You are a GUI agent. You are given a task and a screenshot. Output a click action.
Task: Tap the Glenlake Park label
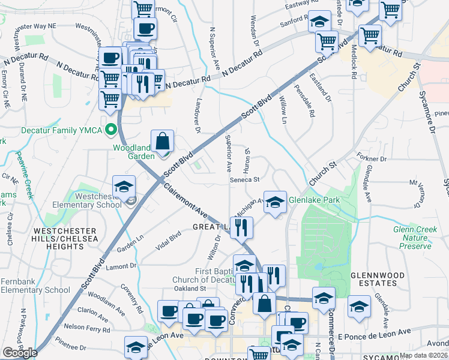click(x=314, y=200)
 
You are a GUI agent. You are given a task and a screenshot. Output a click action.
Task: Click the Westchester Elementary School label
click(x=92, y=200)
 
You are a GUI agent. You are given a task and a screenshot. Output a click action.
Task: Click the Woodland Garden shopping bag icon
click(x=162, y=142)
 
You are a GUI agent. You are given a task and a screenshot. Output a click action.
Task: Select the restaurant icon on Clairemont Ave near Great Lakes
click(x=241, y=227)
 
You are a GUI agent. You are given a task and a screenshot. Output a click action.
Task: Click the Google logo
click(x=20, y=353)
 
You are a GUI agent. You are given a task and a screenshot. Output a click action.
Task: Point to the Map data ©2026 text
click(x=424, y=355)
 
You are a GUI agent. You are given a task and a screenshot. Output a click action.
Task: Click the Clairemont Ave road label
click(x=187, y=201)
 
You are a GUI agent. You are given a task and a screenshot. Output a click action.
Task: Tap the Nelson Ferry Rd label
click(x=85, y=327)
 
